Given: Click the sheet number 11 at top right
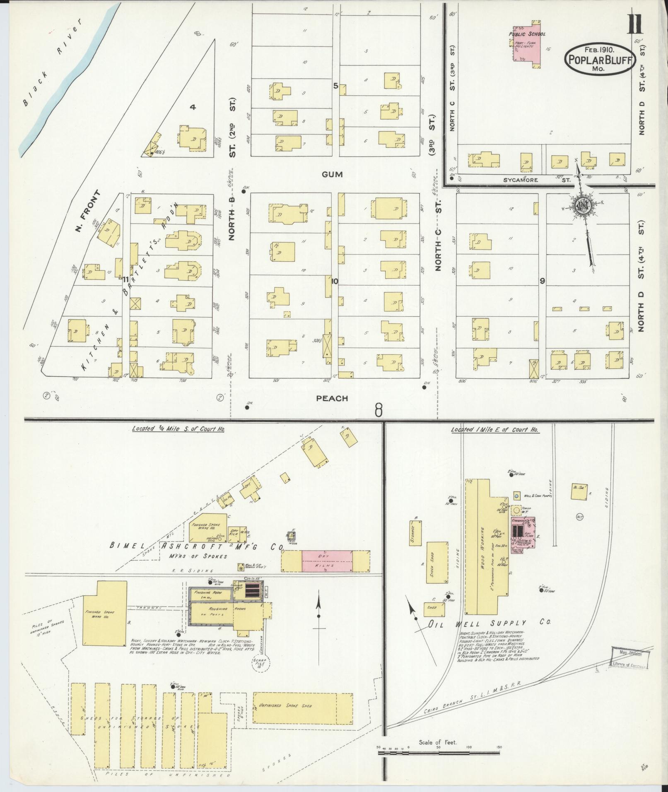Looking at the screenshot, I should [x=635, y=26].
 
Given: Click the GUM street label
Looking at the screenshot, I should [x=332, y=174].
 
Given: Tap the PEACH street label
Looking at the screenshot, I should [x=332, y=398].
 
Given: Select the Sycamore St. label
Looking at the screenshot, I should [x=537, y=180].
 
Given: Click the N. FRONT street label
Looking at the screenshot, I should [x=88, y=211].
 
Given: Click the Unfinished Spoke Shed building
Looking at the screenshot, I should [x=302, y=705].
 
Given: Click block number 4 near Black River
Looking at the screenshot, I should [x=193, y=107].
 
